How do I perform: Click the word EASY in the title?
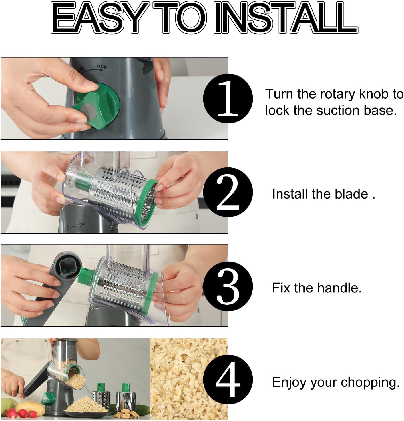point(97,17)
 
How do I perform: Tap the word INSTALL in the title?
point(286,17)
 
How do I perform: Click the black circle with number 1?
point(228,98)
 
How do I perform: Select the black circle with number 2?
point(228,192)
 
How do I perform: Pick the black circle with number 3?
point(228,286)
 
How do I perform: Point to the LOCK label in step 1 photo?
point(101,67)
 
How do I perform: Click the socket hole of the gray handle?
point(68,265)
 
